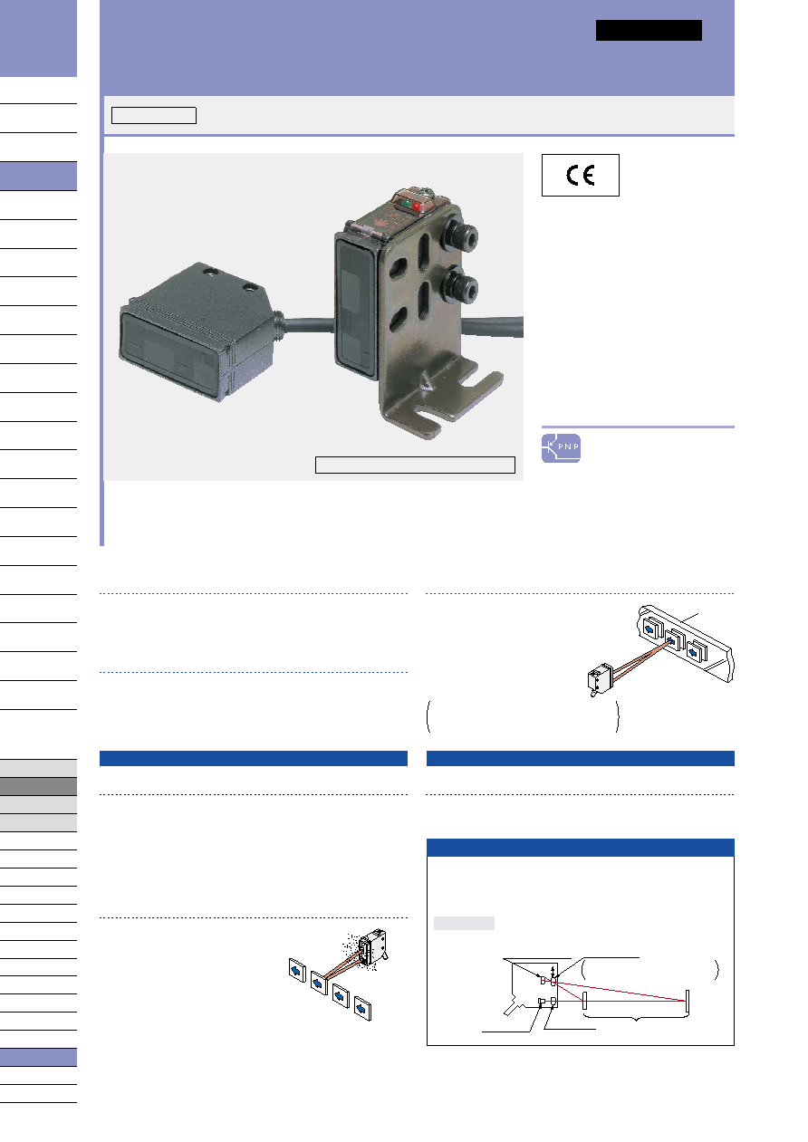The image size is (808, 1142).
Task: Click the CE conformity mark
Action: click(580, 176)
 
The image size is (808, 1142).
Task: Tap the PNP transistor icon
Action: click(561, 448)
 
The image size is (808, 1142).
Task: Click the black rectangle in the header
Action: click(649, 30)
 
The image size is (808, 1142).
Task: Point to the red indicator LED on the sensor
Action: click(417, 206)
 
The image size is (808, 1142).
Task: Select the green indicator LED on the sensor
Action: click(407, 204)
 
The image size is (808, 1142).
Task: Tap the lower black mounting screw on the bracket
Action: click(460, 286)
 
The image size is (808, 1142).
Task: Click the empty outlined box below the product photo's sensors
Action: click(415, 465)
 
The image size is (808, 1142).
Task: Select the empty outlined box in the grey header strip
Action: click(153, 115)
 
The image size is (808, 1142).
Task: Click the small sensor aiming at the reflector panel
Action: click(600, 679)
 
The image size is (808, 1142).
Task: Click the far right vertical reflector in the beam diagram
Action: click(688, 1003)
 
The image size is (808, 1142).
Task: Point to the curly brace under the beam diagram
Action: click(635, 1017)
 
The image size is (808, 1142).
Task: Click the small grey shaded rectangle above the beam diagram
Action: click(464, 923)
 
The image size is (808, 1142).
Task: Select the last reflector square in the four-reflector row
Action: click(362, 1009)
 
